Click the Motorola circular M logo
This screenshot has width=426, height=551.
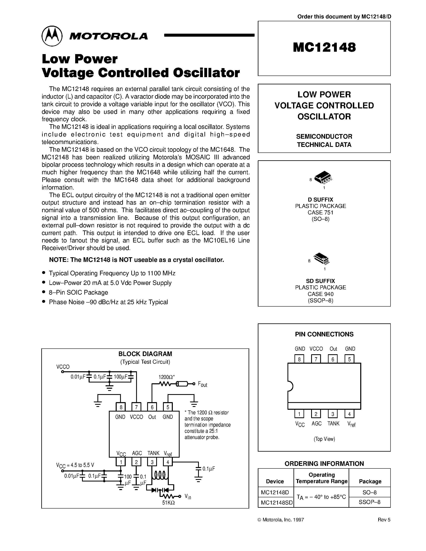(x=52, y=36)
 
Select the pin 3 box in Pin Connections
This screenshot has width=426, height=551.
(x=333, y=414)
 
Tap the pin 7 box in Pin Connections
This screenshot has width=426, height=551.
(x=316, y=359)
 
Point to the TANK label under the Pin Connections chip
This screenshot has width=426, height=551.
(x=333, y=424)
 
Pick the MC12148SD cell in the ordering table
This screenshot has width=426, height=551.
(x=276, y=502)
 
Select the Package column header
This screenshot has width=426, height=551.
(x=370, y=481)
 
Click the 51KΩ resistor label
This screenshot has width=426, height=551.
(x=168, y=503)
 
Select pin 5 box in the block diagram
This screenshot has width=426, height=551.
(x=168, y=407)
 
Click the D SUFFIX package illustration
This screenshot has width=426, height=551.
(x=323, y=177)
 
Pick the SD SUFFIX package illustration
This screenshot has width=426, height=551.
(x=322, y=259)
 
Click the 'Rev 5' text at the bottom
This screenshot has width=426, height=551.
(x=384, y=520)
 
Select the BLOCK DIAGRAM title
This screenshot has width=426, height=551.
(x=145, y=354)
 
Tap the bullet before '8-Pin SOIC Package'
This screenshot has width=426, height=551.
(x=44, y=292)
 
